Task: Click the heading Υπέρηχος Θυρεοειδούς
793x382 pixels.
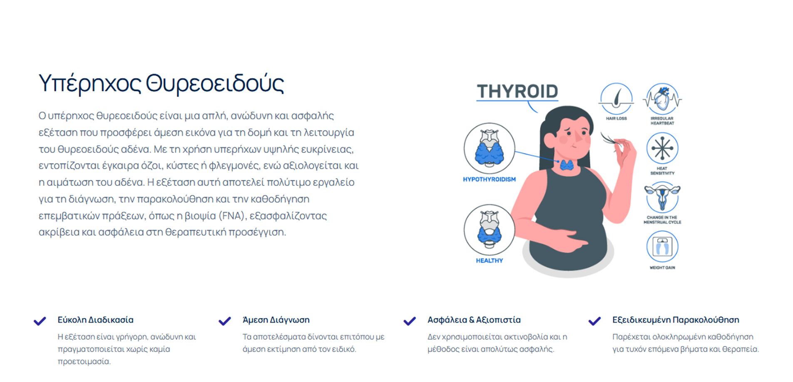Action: pyautogui.click(x=161, y=84)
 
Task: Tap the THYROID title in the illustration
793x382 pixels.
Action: pyautogui.click(x=517, y=91)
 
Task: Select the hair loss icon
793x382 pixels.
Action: pyautogui.click(x=616, y=99)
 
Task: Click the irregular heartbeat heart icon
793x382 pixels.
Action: pyautogui.click(x=662, y=99)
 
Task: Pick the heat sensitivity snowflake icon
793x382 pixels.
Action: pyautogui.click(x=662, y=148)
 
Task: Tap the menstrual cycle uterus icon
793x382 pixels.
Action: pyautogui.click(x=662, y=198)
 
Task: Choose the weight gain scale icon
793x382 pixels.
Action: pyautogui.click(x=662, y=247)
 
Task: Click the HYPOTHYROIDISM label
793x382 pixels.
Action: pyautogui.click(x=489, y=180)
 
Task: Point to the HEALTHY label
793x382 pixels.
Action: pyautogui.click(x=490, y=261)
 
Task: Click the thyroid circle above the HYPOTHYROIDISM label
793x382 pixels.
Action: pyautogui.click(x=490, y=148)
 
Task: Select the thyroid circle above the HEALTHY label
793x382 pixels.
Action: pyautogui.click(x=490, y=229)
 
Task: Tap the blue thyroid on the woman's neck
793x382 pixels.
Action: pyautogui.click(x=567, y=165)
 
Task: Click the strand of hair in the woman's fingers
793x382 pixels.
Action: pyautogui.click(x=609, y=140)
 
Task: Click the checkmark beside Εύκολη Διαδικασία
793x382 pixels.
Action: pyautogui.click(x=40, y=321)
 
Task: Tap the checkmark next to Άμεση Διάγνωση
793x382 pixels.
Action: pyautogui.click(x=225, y=321)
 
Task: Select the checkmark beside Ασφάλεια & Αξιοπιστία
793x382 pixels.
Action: pyautogui.click(x=410, y=321)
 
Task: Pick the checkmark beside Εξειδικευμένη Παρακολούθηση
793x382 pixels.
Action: pyautogui.click(x=594, y=321)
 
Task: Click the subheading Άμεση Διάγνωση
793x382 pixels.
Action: pyautogui.click(x=276, y=320)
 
